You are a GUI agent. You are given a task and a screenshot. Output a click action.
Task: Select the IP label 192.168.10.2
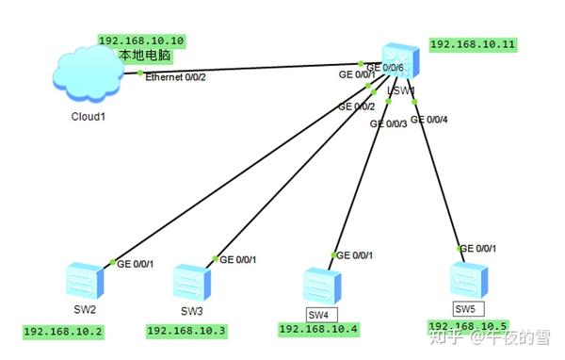pos(64,332)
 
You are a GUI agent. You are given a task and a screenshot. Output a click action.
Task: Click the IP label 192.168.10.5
pos(467,325)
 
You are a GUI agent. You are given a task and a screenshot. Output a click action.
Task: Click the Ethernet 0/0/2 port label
pos(176,77)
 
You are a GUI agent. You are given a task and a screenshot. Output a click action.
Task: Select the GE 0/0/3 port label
pos(389,123)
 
